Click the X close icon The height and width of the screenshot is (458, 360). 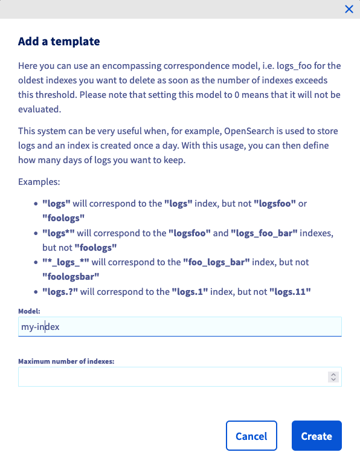[x=349, y=9]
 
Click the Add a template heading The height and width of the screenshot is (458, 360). [x=59, y=42]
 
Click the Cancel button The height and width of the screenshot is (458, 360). [x=251, y=436]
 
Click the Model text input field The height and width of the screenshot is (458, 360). [x=180, y=326]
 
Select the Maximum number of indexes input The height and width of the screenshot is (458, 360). [x=172, y=376]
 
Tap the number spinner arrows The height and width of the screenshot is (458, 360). [x=333, y=376]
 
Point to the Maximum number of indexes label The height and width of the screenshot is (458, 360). [x=66, y=361]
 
